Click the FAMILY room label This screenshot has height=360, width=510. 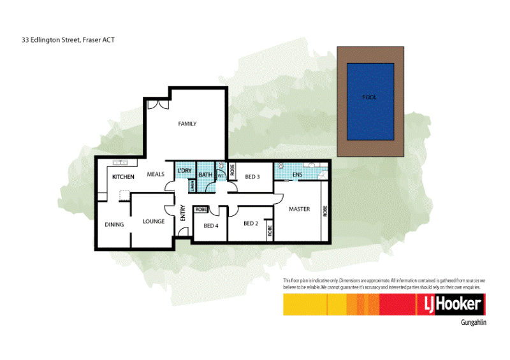pos(187,124)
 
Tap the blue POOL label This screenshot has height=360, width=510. pos(369,97)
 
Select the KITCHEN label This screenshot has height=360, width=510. pos(123,176)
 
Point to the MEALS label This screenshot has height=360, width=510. pos(156,174)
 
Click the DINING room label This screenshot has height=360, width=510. pos(114,224)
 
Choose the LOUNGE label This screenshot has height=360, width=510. pos(154,222)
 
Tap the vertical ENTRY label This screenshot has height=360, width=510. pos(182,213)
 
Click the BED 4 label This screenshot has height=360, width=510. pos(211,226)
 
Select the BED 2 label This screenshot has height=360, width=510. pos(251,223)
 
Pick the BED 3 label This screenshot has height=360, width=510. pos(252,176)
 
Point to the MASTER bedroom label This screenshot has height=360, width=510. pos(299,209)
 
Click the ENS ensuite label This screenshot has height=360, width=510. pos(297,174)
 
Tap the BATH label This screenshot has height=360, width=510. pos(205,175)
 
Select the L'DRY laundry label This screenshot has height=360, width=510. pos(184,172)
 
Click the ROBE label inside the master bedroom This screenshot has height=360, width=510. pos(324,211)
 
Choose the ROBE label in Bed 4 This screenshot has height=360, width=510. pos(201,210)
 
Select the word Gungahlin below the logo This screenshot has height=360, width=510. pos(473,323)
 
